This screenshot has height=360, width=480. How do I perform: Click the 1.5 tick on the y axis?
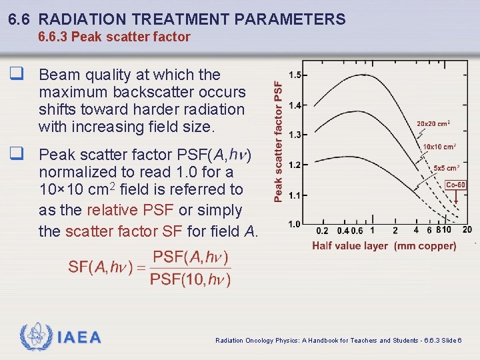[x=294, y=75]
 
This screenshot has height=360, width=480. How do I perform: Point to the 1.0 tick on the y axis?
[x=294, y=224]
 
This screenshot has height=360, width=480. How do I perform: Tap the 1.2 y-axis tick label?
[x=294, y=165]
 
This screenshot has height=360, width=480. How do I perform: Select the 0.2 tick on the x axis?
[x=322, y=231]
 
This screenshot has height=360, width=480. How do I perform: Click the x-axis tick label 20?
[x=467, y=230]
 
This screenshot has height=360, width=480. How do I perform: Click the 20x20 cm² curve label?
[x=433, y=123]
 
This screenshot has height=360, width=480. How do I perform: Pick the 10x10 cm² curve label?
[x=439, y=147]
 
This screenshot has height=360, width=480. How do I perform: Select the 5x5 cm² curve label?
[x=446, y=169]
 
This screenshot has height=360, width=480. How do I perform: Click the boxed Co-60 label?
[x=455, y=185]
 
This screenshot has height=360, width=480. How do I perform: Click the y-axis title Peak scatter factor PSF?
[x=278, y=141]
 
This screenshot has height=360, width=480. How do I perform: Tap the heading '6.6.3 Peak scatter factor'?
[x=114, y=37]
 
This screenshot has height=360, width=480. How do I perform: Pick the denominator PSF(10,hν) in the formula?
[x=190, y=279]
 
